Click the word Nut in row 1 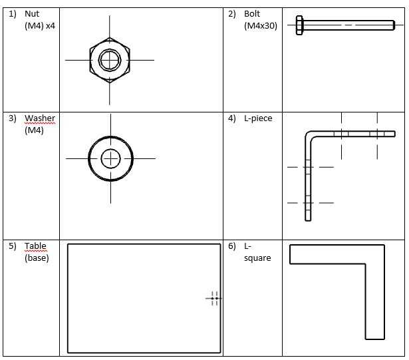pos(32,13)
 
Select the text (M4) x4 pos(40,26)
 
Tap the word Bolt pos(252,13)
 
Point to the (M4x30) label pos(261,26)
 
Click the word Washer pos(40,118)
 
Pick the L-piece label pos(258,118)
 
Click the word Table pos(35,246)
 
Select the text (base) pos(37,258)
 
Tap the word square pos(257,258)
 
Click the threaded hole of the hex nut pos(110,60)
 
